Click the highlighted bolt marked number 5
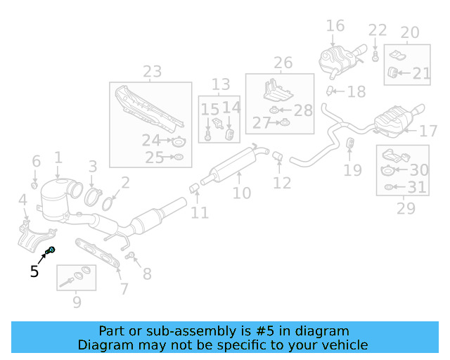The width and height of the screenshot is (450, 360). pos(51,250)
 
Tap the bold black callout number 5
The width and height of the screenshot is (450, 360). pos(34,271)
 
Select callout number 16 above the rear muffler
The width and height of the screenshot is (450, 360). pos(335,26)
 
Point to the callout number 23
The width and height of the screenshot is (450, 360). pos(152,71)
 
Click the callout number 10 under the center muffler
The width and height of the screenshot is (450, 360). pos(241,192)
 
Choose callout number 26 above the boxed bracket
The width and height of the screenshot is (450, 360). pos(283,63)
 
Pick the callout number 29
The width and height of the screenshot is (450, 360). pos(406,208)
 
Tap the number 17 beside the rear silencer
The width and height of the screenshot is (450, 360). pos(428,131)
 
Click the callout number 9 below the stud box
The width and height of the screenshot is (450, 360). pos(76,302)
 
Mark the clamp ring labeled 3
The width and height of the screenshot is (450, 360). pos(92,193)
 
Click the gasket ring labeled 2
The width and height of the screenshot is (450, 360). pos(109,205)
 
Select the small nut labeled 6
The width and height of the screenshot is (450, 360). pos(34,185)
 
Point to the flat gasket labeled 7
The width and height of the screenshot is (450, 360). pos(103,251)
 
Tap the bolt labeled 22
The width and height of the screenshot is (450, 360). pos(376,53)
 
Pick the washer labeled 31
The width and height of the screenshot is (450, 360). pos(388,188)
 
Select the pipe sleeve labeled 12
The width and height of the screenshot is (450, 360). pos(276,155)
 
